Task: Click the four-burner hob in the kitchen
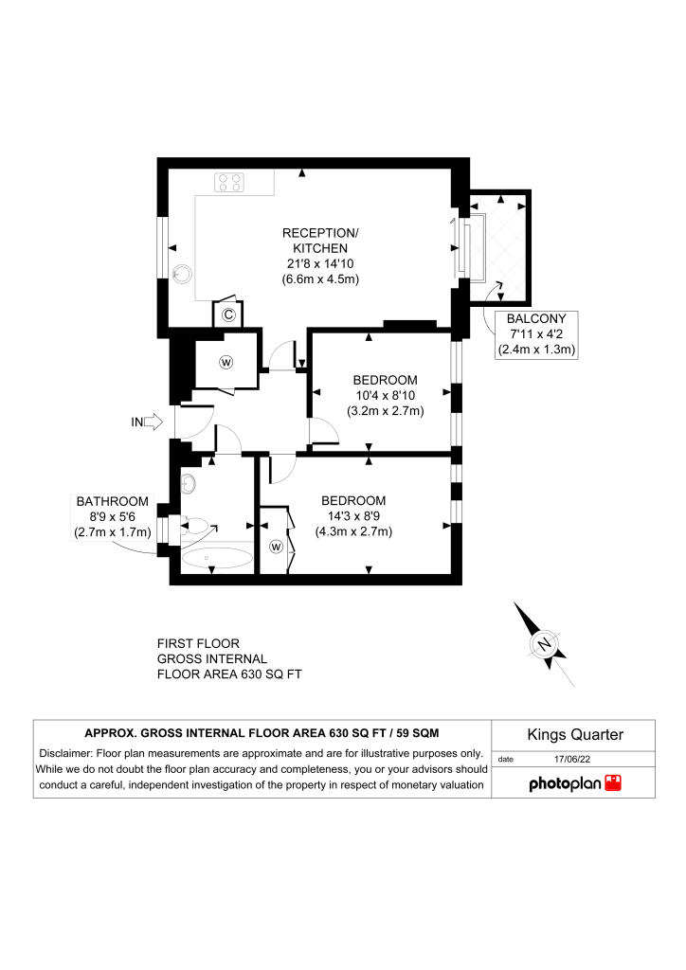coord(228,181)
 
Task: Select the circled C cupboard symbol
coord(228,315)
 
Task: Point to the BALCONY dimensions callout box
coord(536,335)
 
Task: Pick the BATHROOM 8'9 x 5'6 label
coord(113,516)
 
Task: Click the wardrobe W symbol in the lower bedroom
coord(277,547)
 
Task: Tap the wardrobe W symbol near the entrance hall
coord(226,361)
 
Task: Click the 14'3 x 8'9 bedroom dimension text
coord(353,516)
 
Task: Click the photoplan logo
coord(574,783)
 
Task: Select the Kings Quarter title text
coord(574,734)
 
